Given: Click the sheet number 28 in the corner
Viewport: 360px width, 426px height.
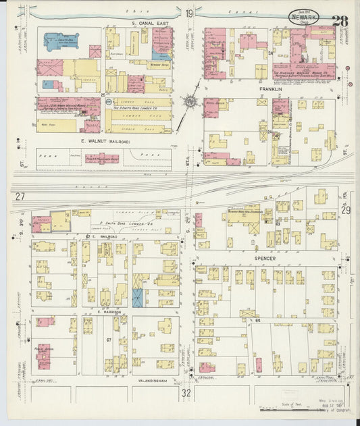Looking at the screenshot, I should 340,20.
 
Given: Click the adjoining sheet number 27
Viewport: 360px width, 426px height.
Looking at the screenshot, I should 20,196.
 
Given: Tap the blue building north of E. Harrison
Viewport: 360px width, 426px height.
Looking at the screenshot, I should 138,298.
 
